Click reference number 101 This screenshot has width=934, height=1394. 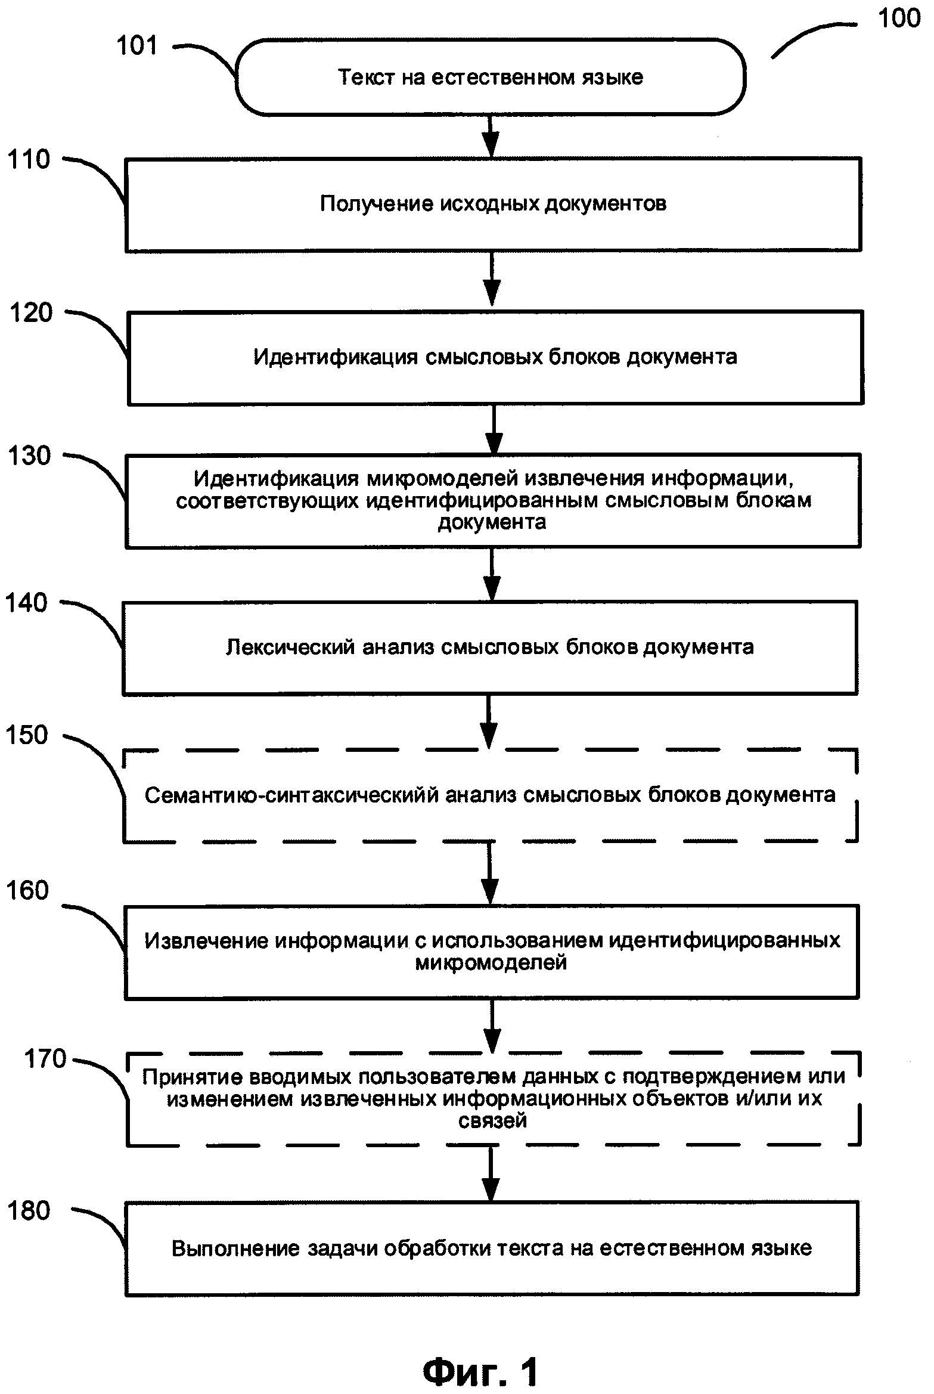coord(137,46)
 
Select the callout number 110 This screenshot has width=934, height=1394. coord(29,160)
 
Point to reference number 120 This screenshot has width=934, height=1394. coord(31,312)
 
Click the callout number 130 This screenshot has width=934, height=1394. coord(30,456)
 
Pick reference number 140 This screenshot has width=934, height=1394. coord(26,603)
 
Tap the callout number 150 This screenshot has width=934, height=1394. coord(27,735)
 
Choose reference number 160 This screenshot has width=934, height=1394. coord(27,890)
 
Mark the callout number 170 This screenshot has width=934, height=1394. coord(45,1059)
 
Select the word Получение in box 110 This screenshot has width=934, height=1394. coord(376,204)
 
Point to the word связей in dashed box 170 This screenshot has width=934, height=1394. coord(492,1121)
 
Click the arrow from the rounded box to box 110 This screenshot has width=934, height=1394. coord(491,136)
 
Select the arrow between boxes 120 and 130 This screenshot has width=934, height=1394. coord(493,430)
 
